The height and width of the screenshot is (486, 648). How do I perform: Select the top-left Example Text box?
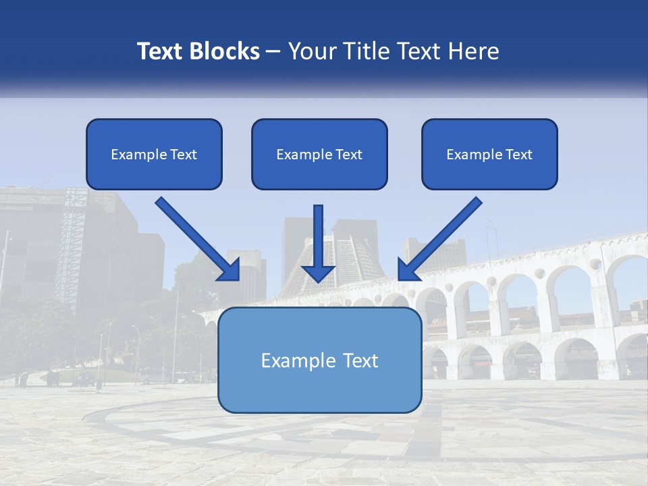(x=154, y=155)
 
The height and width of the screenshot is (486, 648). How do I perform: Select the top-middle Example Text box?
(x=319, y=155)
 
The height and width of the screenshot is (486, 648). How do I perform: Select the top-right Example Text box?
(x=489, y=155)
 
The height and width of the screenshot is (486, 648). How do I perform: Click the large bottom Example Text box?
(x=319, y=360)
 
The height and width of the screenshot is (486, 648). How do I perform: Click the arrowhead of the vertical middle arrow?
(x=318, y=273)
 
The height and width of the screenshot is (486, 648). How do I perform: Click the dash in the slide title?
(x=273, y=51)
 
